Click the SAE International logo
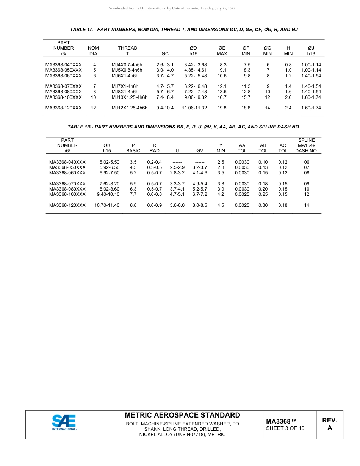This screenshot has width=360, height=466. [x=64, y=422]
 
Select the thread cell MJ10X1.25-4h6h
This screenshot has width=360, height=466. [x=129, y=97]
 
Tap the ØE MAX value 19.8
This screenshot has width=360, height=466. [x=222, y=108]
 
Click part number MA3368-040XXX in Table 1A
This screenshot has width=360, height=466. [x=63, y=65]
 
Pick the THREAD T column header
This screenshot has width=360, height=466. [x=127, y=51]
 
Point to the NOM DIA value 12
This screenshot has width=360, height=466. [x=93, y=108]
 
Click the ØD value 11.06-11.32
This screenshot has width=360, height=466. [x=194, y=108]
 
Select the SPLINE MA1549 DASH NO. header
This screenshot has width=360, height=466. [x=307, y=145]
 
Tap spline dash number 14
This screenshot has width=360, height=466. [x=307, y=205]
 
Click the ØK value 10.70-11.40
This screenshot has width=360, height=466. [x=107, y=205]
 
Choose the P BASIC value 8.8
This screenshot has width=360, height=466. [x=133, y=205]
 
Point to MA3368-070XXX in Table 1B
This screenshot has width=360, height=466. [x=67, y=184]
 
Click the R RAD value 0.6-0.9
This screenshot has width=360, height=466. [x=154, y=205]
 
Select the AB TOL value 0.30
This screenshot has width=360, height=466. [x=263, y=205]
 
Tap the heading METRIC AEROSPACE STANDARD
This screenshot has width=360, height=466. [x=182, y=415]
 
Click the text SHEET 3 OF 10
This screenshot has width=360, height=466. [x=285, y=428]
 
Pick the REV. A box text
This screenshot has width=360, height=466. [x=329, y=424]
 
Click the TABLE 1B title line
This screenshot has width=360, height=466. [x=184, y=127]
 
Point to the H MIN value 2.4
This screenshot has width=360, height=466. [x=288, y=108]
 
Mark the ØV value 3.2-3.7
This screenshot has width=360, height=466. [x=200, y=167]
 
